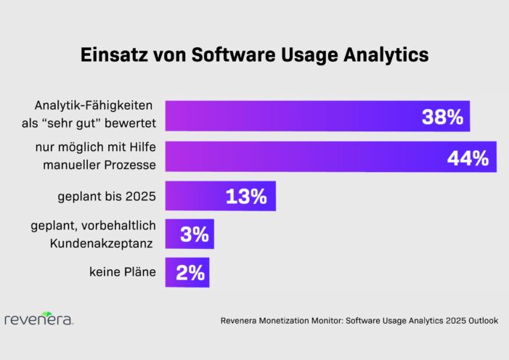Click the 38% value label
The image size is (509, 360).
[x=442, y=118]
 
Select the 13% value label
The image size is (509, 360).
[x=247, y=196]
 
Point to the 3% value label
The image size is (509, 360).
[x=195, y=234]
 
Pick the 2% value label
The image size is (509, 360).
[x=190, y=273]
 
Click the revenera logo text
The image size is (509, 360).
[x=38, y=320]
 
